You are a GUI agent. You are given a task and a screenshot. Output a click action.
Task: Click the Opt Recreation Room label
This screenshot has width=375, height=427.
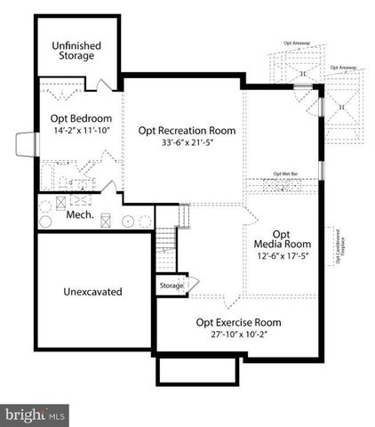(186, 130)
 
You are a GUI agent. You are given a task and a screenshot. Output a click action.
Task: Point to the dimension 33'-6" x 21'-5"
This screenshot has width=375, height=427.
(186, 143)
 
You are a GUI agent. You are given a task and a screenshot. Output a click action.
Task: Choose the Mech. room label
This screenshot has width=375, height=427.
(80, 214)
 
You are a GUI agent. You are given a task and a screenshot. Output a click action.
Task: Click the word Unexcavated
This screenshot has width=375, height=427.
(93, 291)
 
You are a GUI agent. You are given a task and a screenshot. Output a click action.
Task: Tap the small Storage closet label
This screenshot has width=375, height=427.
(171, 286)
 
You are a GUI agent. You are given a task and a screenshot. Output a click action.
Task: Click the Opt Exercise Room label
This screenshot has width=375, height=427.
(238, 321)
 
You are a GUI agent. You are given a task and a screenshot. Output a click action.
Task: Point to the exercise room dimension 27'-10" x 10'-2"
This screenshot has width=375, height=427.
(238, 334)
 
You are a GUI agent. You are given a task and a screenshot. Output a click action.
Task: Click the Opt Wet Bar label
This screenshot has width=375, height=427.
(284, 173)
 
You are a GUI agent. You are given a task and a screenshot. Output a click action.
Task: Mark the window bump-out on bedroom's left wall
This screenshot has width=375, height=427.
(26, 143)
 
